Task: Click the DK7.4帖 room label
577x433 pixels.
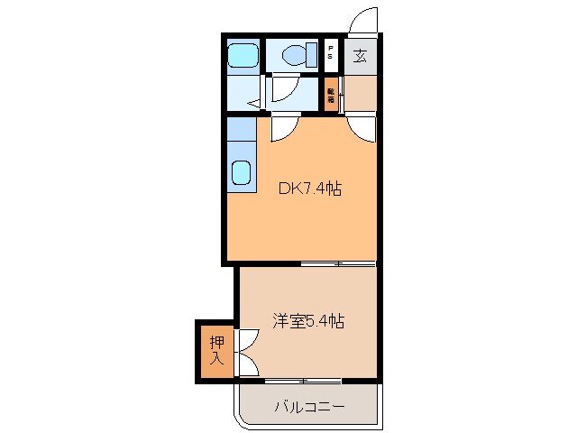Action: [308, 189]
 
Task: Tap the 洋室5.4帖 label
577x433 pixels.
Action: [308, 320]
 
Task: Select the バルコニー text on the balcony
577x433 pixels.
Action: [308, 407]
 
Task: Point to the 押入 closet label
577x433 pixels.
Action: [216, 350]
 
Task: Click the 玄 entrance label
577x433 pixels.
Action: [360, 56]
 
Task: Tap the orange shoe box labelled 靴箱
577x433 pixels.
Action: [332, 94]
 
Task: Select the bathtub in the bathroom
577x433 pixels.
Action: [241, 56]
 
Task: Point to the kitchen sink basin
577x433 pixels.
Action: [241, 171]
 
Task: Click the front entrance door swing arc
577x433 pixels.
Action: [362, 20]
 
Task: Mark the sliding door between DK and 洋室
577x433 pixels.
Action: [338, 264]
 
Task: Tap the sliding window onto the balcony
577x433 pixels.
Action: [303, 380]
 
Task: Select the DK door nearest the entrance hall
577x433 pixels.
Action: [362, 126]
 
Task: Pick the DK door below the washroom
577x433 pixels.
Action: [280, 127]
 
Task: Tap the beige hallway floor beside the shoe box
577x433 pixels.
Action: [361, 94]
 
